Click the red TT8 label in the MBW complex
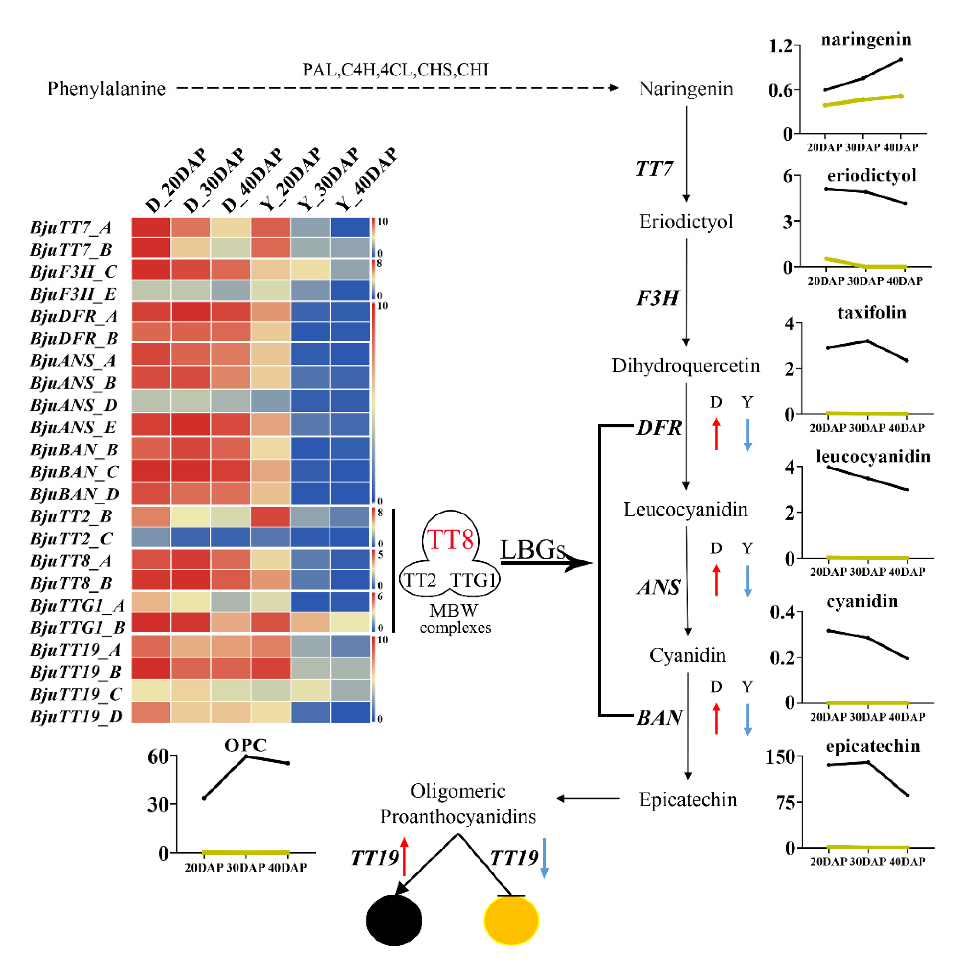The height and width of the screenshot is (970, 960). [x=450, y=540]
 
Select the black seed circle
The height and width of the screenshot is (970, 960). [x=394, y=920]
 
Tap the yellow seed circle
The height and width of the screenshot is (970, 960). [x=511, y=920]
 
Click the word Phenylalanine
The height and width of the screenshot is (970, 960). [x=107, y=89]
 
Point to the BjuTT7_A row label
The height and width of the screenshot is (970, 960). [x=71, y=227]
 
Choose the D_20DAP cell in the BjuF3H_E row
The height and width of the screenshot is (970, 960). [x=151, y=290]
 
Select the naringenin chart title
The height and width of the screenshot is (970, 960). [x=866, y=39]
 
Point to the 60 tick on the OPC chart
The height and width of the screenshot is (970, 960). [x=158, y=756]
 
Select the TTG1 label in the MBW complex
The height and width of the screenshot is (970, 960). [x=473, y=580]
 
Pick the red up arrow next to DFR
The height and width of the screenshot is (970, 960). [x=716, y=434]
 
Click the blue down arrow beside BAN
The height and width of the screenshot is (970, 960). [x=747, y=719]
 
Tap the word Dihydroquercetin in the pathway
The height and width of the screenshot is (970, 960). [x=685, y=365]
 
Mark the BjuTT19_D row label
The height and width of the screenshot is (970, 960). [x=76, y=716]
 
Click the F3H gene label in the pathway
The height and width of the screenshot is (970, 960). [x=657, y=298]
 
